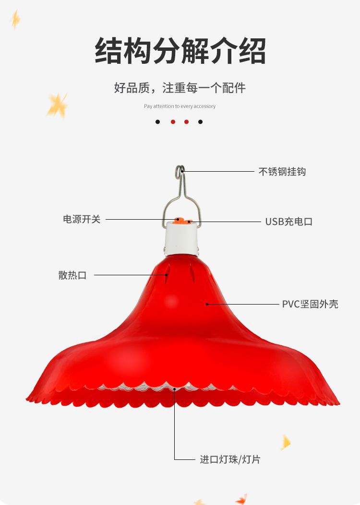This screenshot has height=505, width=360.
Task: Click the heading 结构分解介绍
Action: (180, 50)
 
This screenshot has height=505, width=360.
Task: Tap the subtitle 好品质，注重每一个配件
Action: (180, 88)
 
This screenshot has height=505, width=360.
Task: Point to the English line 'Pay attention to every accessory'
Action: (180, 106)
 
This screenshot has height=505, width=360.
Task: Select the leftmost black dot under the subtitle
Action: (157, 122)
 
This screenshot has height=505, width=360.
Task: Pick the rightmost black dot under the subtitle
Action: (201, 122)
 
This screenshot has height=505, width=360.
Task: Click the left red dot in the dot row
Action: (173, 122)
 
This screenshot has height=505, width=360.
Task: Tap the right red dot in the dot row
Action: (186, 122)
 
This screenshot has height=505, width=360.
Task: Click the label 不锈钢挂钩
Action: (282, 172)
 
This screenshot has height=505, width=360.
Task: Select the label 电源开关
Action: (82, 219)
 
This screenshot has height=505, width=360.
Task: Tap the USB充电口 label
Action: (289, 222)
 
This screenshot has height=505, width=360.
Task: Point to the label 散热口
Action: (72, 275)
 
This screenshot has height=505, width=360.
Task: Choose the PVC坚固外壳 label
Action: (310, 304)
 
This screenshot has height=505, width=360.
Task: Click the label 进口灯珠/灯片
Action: (230, 459)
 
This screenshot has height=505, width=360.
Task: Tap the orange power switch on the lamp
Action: (178, 220)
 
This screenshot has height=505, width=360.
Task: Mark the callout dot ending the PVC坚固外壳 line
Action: (207, 304)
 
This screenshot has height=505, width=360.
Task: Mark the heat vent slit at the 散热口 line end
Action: (167, 275)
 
